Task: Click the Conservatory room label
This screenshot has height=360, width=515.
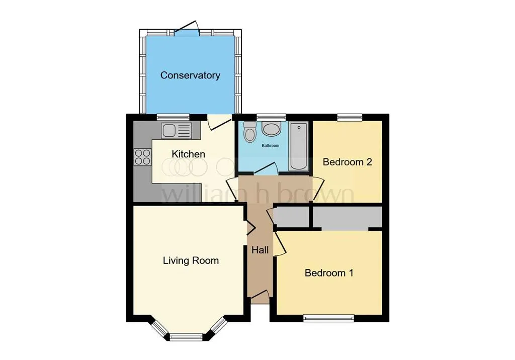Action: tap(190, 75)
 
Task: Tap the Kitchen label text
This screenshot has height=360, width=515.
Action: tap(189, 154)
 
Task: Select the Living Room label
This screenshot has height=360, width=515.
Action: tap(191, 260)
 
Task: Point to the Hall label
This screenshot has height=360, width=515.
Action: tap(260, 250)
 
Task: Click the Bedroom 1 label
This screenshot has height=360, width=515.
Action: tap(329, 273)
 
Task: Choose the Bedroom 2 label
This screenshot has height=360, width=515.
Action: tap(347, 162)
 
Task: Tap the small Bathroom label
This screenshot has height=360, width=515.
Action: tap(270, 146)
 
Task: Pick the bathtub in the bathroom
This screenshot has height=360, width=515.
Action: tap(298, 146)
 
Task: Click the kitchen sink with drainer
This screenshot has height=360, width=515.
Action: tap(176, 131)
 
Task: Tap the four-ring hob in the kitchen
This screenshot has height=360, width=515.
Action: tap(142, 157)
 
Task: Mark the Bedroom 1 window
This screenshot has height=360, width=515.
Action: tap(329, 318)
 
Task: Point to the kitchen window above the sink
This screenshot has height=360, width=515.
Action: tap(173, 117)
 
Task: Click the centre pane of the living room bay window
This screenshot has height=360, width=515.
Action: tap(186, 336)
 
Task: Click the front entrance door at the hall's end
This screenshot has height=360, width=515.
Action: tap(260, 300)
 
